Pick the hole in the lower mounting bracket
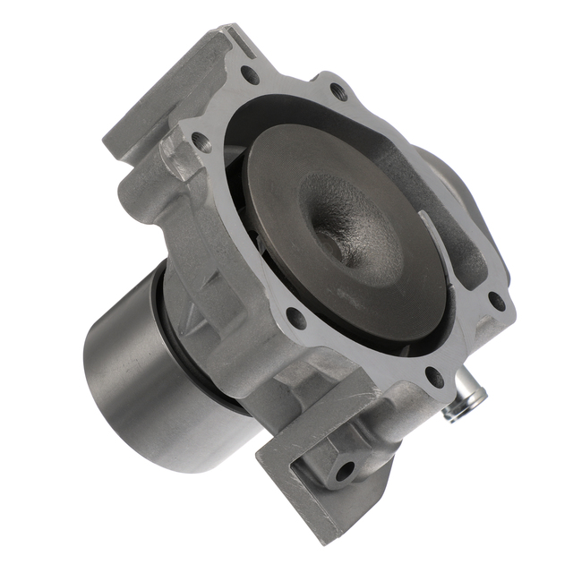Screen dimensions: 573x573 coord(343,469)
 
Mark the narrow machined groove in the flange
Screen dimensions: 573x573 coord(235,38)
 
